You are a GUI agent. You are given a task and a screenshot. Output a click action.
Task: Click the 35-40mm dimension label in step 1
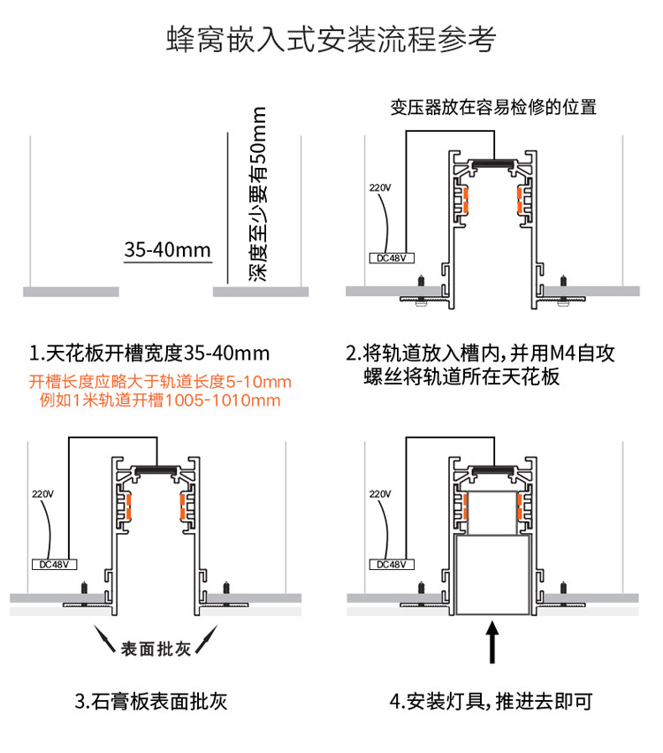point(167,249)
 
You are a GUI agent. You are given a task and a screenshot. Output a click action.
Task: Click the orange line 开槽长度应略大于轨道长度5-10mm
point(160,382)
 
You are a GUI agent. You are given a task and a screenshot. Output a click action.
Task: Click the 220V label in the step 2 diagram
point(379,188)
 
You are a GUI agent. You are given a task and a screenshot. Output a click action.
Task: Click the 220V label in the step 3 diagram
point(43,493)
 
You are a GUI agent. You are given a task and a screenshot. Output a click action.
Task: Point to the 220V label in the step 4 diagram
point(379,493)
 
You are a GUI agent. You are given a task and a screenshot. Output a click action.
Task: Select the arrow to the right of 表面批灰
point(207,638)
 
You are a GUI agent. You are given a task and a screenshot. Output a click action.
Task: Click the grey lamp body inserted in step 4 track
point(493,579)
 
